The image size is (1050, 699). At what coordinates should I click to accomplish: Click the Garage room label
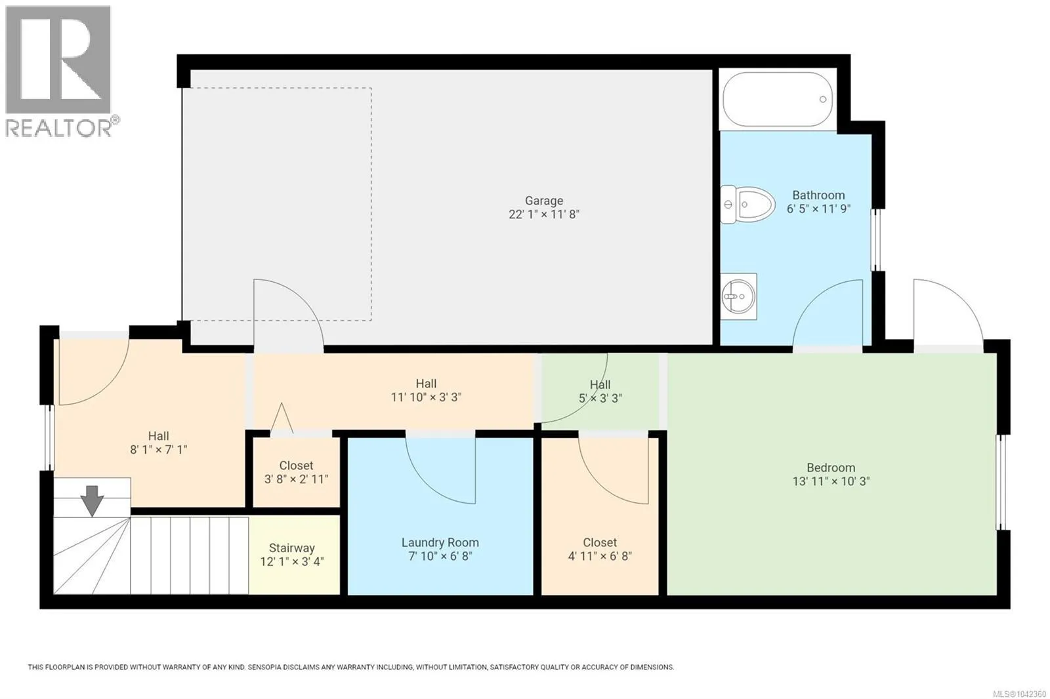click(544, 201)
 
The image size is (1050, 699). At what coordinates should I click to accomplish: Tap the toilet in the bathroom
click(747, 205)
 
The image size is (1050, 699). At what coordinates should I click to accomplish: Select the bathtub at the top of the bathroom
click(778, 99)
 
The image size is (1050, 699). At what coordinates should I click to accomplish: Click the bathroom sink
click(738, 296)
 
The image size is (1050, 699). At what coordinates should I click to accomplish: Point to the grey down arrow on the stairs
click(92, 501)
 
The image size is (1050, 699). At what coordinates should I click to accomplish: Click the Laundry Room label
click(440, 542)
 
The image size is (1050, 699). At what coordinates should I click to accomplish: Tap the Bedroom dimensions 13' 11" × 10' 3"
click(831, 481)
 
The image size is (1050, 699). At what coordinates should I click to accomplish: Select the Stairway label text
click(291, 548)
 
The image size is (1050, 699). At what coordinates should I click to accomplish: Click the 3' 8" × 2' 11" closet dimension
click(296, 479)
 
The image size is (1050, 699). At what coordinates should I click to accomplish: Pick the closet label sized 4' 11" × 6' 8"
click(600, 542)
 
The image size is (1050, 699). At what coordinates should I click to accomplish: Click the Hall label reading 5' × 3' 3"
click(600, 385)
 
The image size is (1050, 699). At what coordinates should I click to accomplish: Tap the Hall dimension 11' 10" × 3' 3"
click(426, 397)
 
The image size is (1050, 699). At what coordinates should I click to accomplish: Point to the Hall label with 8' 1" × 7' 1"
click(158, 436)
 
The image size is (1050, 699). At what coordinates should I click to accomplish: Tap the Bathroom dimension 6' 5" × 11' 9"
click(818, 209)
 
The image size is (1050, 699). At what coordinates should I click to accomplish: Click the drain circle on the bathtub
click(823, 99)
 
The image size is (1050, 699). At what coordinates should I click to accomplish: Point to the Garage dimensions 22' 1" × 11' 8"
click(544, 214)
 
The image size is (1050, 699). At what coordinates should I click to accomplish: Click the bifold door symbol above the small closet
click(282, 418)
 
